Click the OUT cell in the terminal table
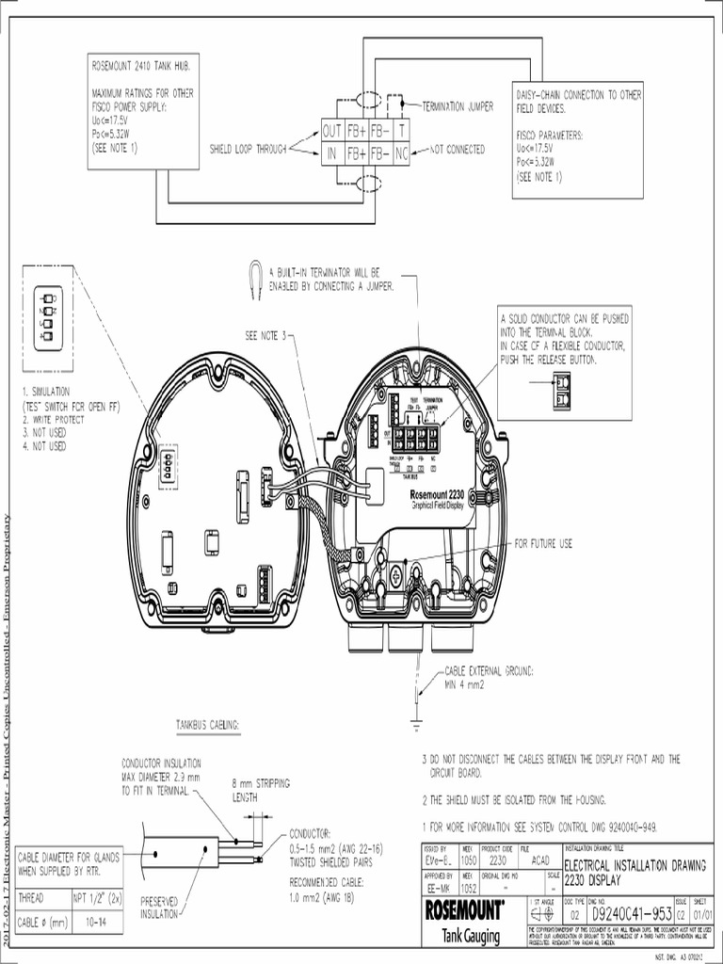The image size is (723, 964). pyautogui.click(x=332, y=130)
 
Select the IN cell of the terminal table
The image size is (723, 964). pyautogui.click(x=332, y=152)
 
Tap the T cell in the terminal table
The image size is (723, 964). pyautogui.click(x=401, y=130)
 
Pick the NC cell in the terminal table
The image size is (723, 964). pyautogui.click(x=401, y=152)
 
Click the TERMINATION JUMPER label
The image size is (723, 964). pyautogui.click(x=458, y=106)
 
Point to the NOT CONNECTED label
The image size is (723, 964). pyautogui.click(x=457, y=150)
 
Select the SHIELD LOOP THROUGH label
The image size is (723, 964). pyautogui.click(x=248, y=149)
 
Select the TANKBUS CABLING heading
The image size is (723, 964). pyautogui.click(x=208, y=724)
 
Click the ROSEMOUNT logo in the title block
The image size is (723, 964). pyautogui.click(x=464, y=909)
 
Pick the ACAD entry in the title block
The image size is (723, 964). pyautogui.click(x=539, y=860)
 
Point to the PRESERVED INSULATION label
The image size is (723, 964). pyautogui.click(x=165, y=906)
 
